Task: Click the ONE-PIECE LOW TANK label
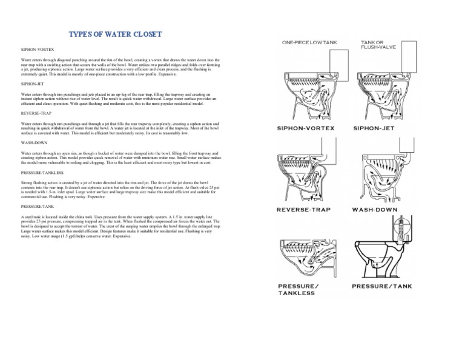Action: coord(313,42)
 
